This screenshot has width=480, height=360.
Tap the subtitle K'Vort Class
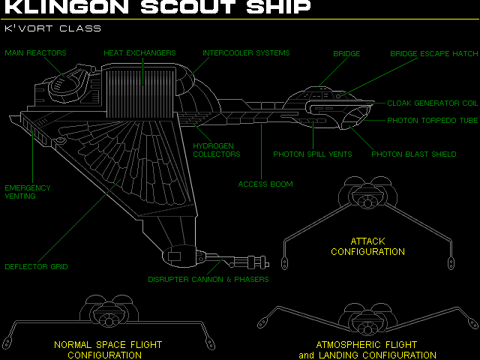(x=53, y=28)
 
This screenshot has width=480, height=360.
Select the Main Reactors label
(x=36, y=53)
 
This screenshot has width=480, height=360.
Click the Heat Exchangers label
(x=139, y=53)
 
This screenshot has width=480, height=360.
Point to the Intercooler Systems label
(x=246, y=53)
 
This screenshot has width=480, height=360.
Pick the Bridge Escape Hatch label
(x=433, y=54)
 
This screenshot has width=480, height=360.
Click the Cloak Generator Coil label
(x=433, y=103)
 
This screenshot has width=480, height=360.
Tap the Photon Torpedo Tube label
(x=433, y=121)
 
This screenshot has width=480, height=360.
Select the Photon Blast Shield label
(x=414, y=154)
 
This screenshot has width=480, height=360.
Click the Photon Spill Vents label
(x=312, y=154)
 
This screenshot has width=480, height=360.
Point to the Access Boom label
(x=265, y=184)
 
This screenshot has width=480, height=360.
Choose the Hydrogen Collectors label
(x=217, y=150)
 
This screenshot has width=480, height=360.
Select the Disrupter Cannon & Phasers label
(x=208, y=280)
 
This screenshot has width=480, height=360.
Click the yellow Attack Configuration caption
(x=367, y=247)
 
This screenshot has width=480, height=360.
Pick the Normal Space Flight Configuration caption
(x=108, y=349)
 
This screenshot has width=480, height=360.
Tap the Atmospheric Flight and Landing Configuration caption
(x=367, y=349)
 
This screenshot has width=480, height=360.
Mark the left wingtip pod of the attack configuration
(x=286, y=262)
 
